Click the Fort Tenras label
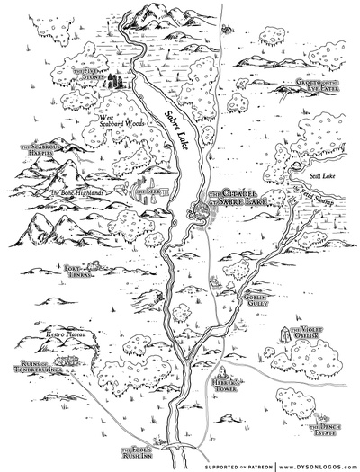80,268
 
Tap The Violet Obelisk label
317,335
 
